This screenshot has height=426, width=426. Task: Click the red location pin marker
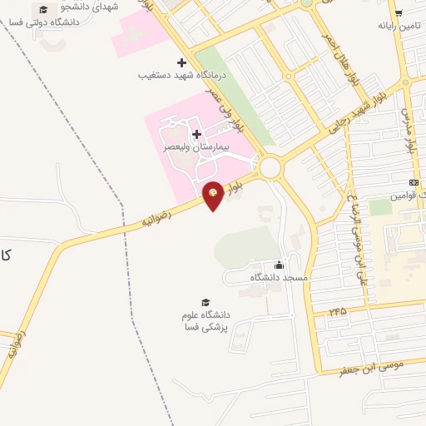coord(213,195)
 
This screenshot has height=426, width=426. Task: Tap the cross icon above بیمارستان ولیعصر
coord(196,134)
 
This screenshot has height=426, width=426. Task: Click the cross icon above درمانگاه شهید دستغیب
coord(182,62)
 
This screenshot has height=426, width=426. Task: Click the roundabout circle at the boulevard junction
coord(270,168)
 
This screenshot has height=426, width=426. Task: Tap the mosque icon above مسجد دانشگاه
coord(279,265)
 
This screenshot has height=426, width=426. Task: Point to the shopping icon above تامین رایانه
coord(399,12)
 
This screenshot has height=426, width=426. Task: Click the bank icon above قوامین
coord(414,183)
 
